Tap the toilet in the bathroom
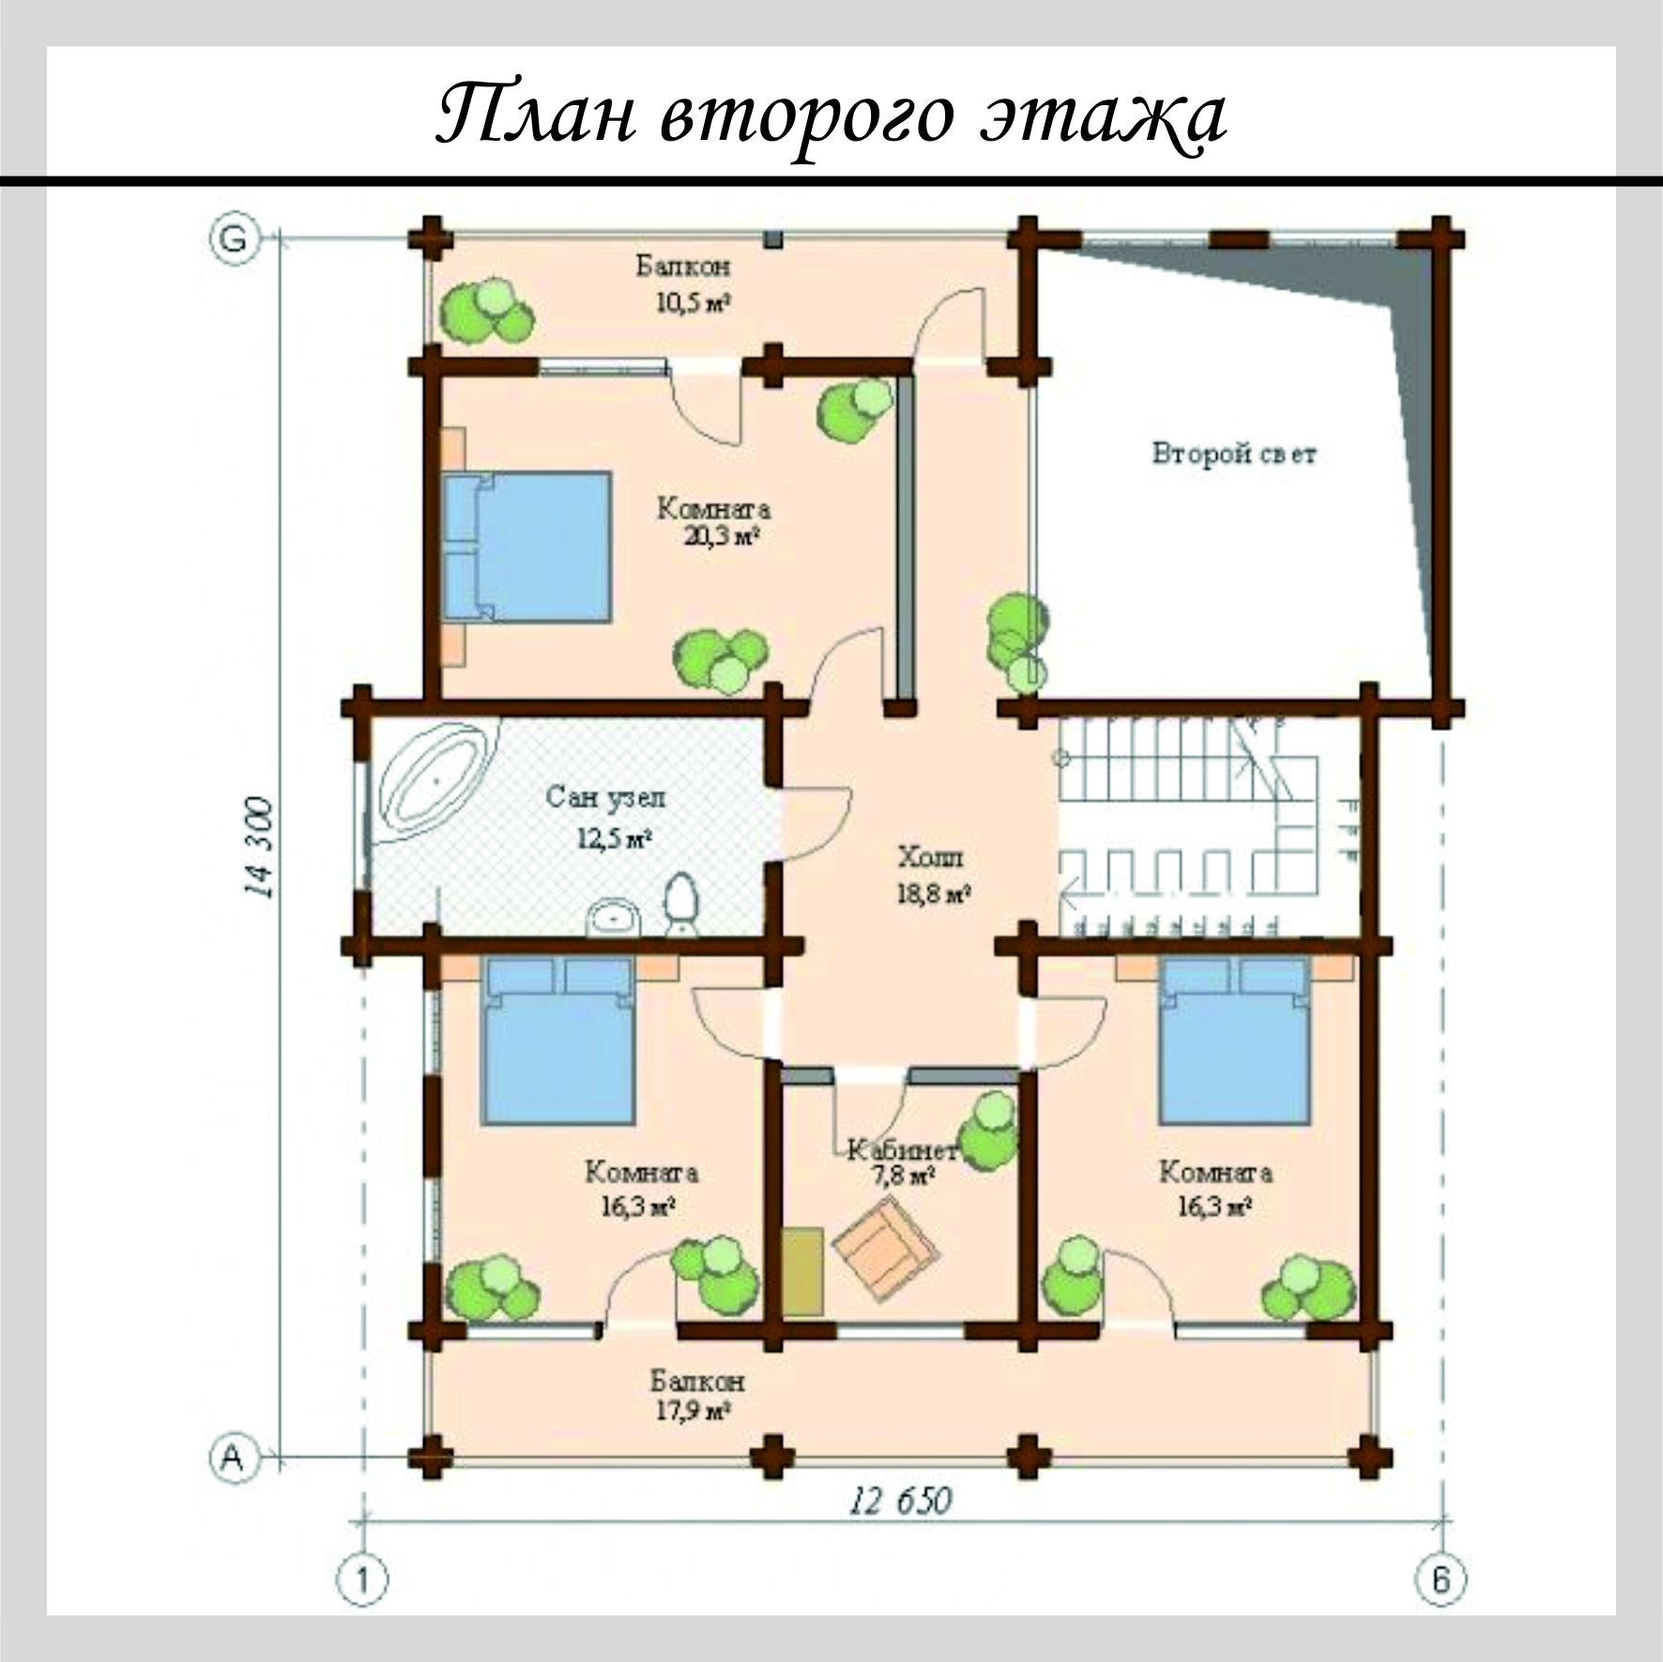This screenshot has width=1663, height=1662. (680, 905)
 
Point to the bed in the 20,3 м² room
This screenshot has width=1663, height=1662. (526, 547)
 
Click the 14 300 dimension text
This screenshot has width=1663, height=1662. (259, 848)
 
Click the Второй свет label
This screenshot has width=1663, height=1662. (1233, 455)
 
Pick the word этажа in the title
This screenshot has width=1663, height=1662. (1104, 116)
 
